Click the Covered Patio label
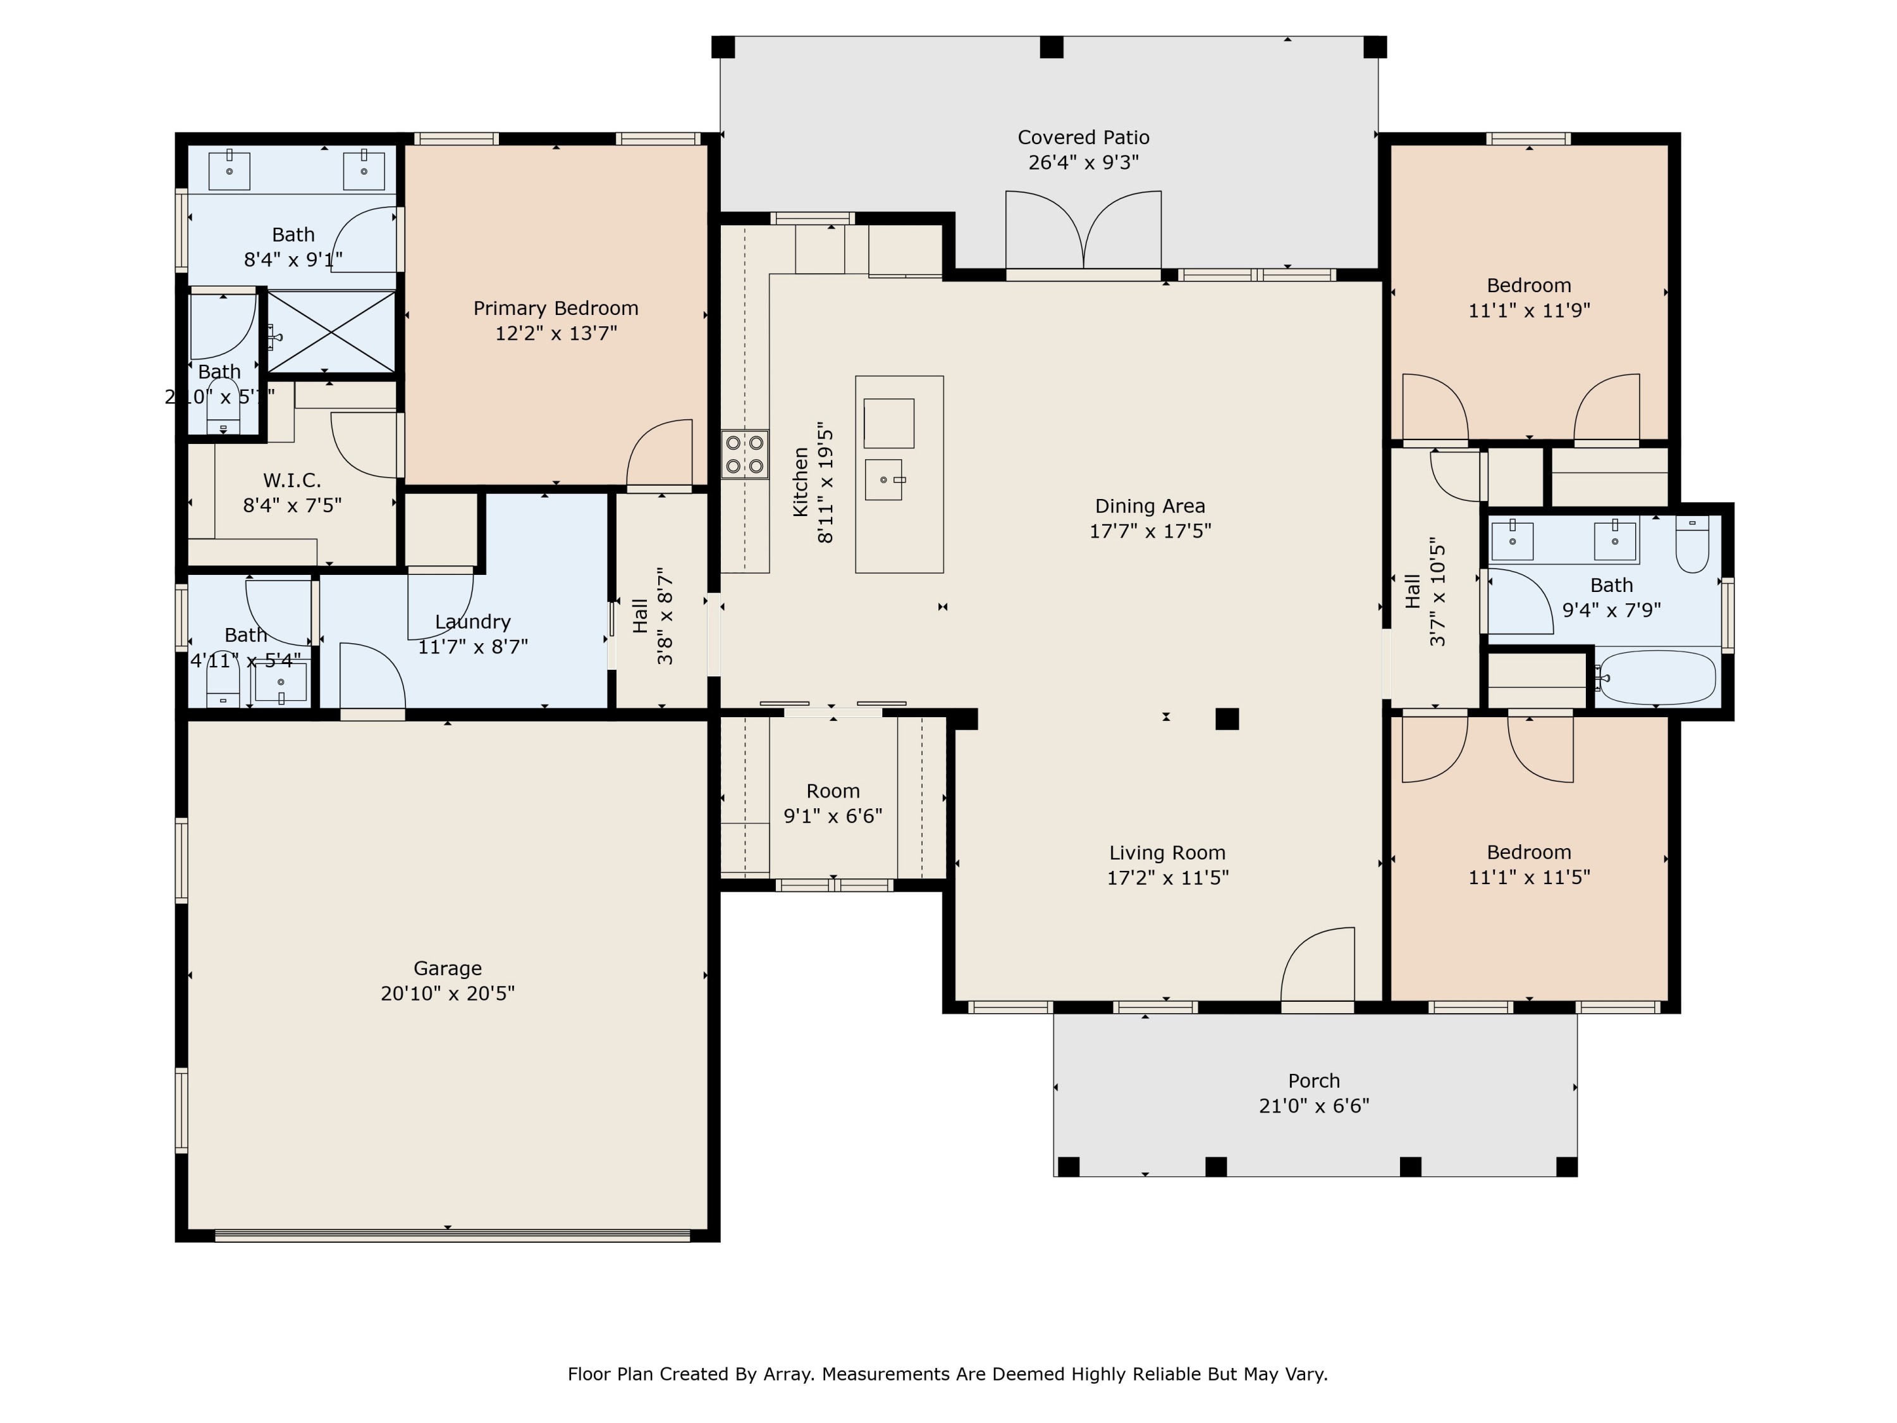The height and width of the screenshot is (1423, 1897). coord(1083,137)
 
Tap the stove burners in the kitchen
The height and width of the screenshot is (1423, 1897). coord(744,455)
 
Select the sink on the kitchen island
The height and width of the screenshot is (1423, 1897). coord(883,479)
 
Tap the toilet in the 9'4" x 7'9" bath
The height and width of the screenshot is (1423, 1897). coord(1692,544)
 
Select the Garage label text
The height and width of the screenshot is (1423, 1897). coord(448,968)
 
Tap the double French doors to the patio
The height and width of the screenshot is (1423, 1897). coord(1083,231)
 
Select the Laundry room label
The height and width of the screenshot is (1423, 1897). coord(472,622)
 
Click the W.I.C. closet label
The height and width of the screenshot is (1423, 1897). coord(292,480)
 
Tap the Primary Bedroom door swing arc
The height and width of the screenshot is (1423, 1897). coord(659,453)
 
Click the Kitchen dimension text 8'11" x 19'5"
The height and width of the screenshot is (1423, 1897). coord(825,482)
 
